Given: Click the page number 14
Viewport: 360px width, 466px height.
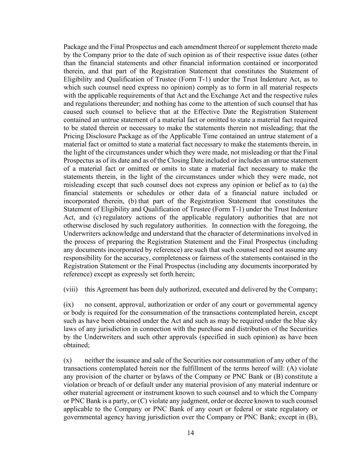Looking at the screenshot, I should tap(190, 433).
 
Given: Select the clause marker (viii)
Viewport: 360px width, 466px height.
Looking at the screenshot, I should tap(71, 290).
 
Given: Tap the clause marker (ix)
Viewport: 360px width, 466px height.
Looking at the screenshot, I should tap(69, 305).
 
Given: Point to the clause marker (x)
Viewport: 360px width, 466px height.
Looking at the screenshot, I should tap(68, 361).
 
